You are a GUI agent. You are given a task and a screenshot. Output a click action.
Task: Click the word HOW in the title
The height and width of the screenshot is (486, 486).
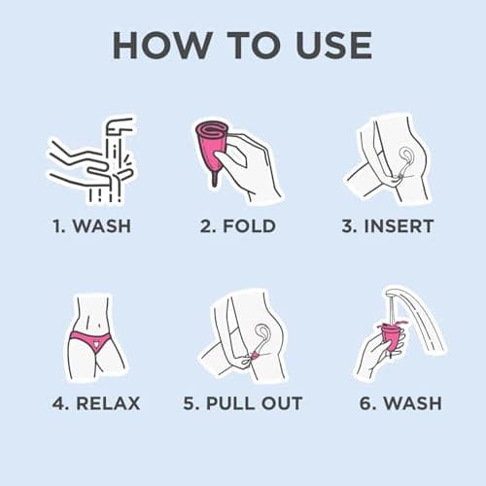pyautogui.click(x=162, y=46)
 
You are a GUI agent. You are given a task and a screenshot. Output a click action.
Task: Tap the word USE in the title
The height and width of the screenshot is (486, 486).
pyautogui.click(x=333, y=46)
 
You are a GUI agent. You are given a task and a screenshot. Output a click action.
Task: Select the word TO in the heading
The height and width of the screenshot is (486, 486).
pyautogui.click(x=254, y=46)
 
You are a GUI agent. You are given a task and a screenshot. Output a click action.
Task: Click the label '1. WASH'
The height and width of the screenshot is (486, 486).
pyautogui.click(x=92, y=226)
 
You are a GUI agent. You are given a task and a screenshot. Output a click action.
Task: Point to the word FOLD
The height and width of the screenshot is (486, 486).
pyautogui.click(x=249, y=226)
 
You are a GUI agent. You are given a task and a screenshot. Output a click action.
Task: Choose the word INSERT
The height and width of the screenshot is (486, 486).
pyautogui.click(x=399, y=226)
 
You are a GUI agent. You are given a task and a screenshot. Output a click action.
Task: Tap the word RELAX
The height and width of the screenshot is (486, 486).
pyautogui.click(x=108, y=403)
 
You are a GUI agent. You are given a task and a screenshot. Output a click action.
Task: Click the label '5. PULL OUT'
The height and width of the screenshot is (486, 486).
pyautogui.click(x=243, y=403)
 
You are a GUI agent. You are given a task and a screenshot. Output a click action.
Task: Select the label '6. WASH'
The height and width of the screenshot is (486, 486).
pyautogui.click(x=400, y=403)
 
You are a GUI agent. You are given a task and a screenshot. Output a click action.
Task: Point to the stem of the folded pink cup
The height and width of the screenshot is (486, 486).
pyautogui.click(x=214, y=178)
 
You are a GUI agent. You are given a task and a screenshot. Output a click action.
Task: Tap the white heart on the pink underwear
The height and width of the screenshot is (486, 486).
pyautogui.click(x=96, y=343)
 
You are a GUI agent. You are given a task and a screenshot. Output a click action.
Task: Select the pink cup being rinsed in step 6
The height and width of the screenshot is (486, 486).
pyautogui.click(x=391, y=337)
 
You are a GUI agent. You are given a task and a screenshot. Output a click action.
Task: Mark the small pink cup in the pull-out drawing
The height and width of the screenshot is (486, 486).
pyautogui.click(x=256, y=356)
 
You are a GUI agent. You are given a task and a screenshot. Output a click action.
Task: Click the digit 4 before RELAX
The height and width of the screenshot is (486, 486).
pyautogui.click(x=58, y=403)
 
